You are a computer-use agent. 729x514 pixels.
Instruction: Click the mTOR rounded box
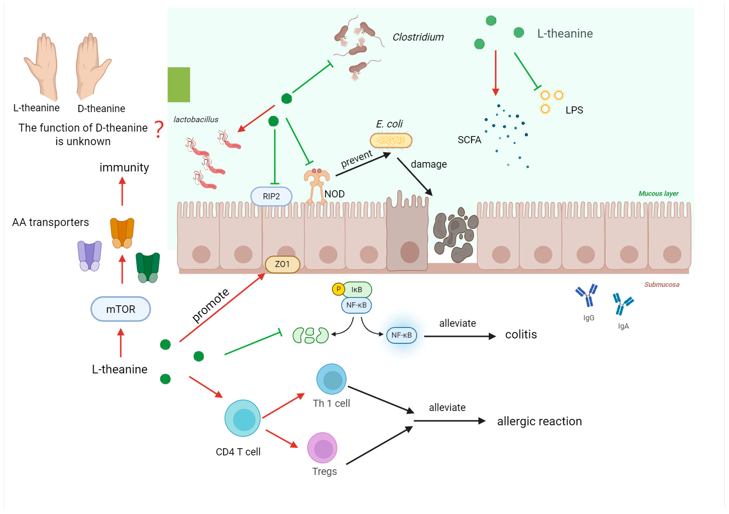point(121,309)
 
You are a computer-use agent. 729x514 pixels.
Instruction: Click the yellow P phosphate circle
point(338,289)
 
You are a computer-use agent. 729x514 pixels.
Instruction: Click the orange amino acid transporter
point(122,233)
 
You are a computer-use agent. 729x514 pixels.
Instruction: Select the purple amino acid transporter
point(90,256)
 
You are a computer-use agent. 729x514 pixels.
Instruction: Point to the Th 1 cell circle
point(332,379)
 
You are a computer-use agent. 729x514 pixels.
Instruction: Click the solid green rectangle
point(179,85)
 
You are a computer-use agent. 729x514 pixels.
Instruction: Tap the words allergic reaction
point(539,421)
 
